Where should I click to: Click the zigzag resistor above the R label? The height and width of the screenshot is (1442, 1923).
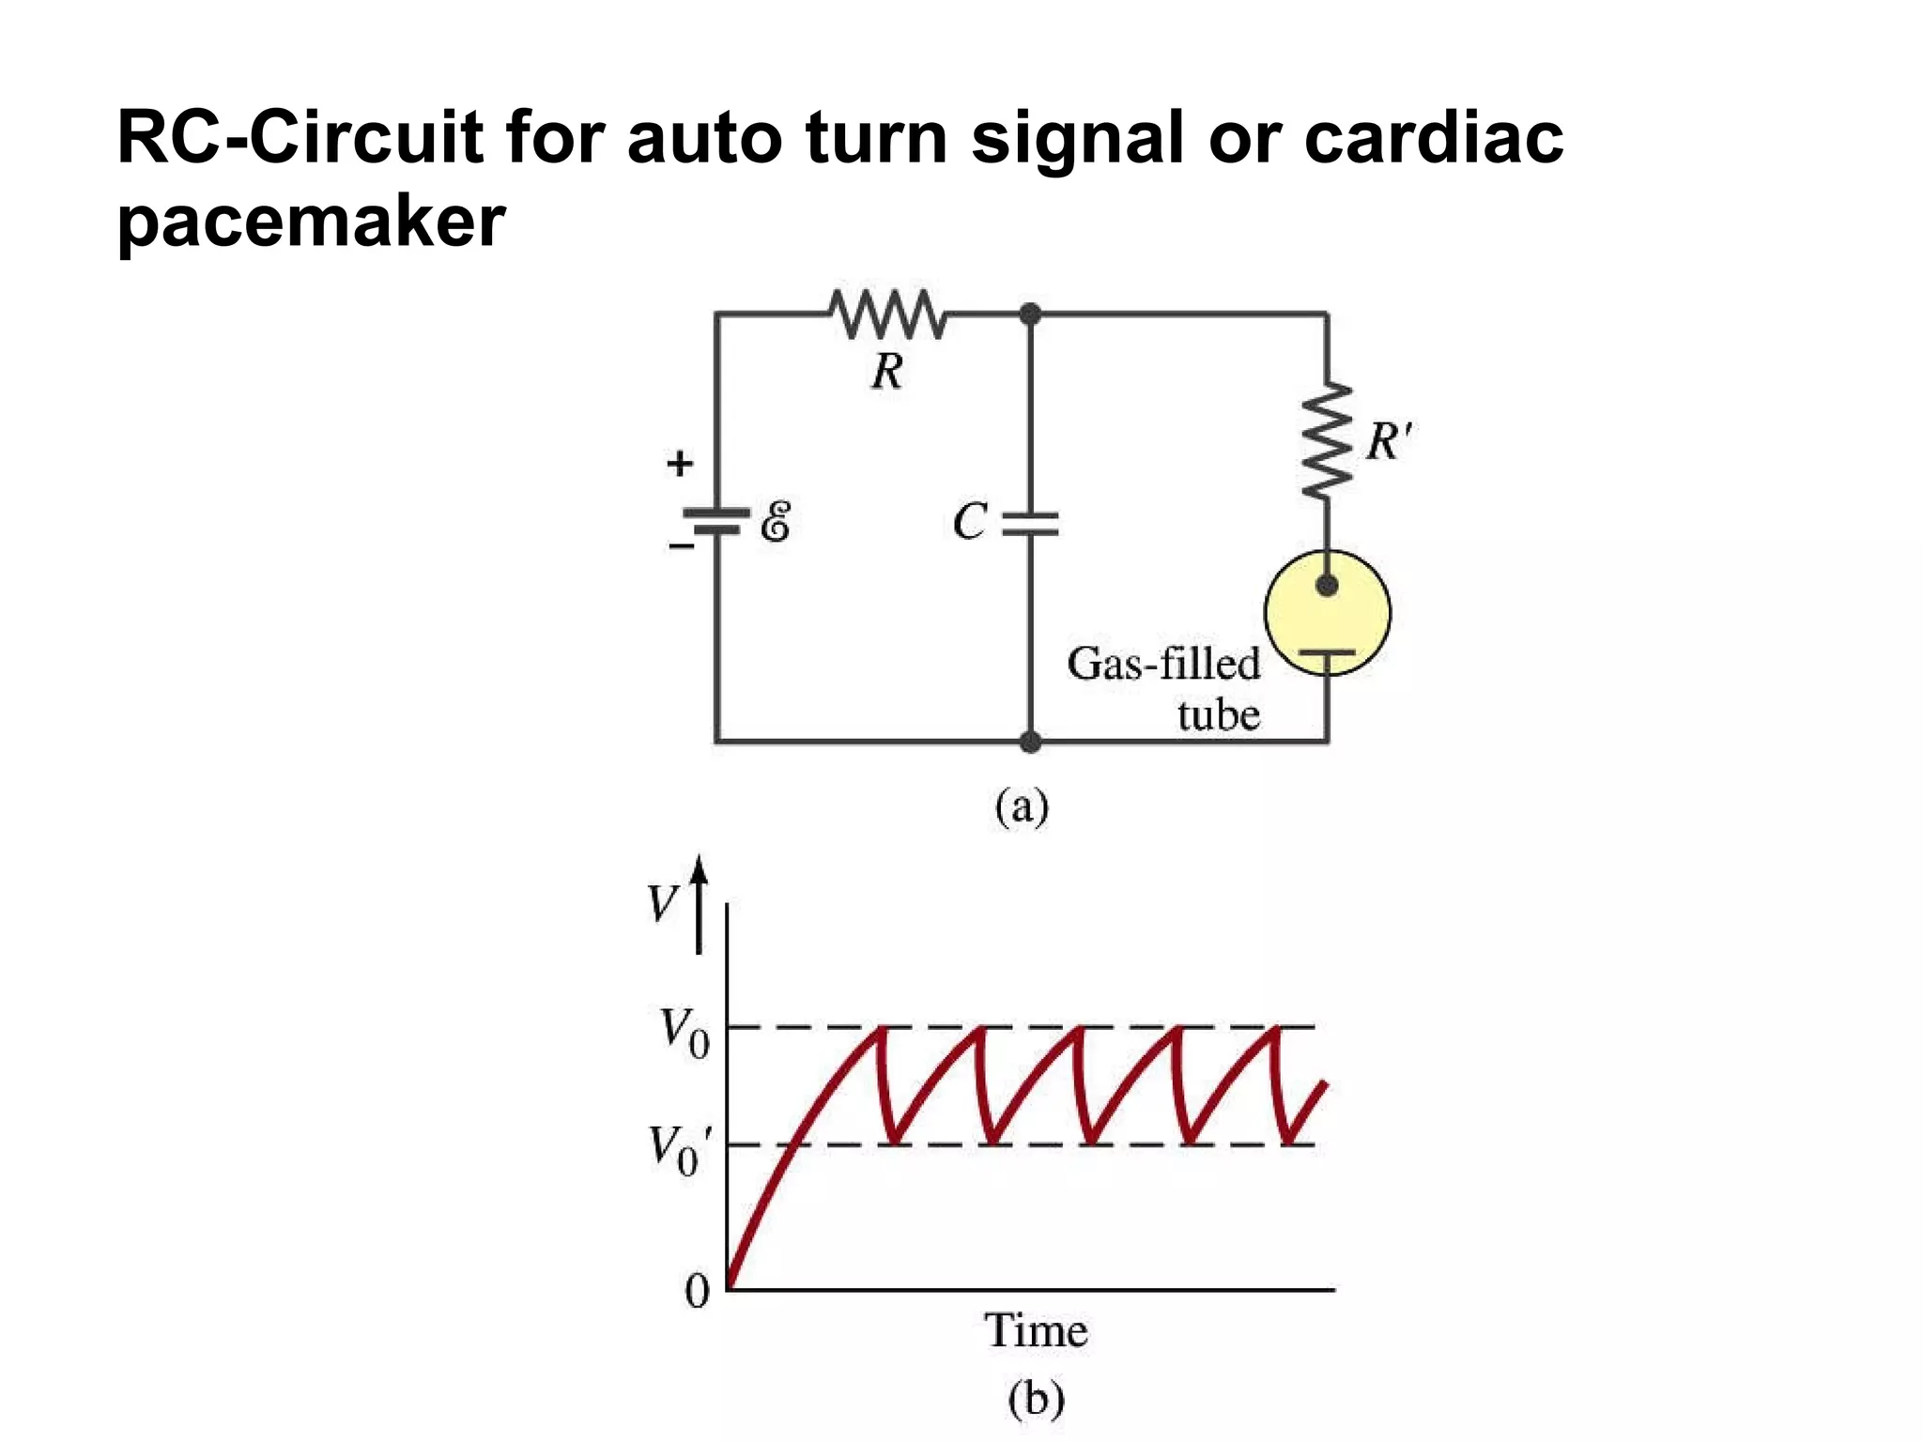(x=888, y=314)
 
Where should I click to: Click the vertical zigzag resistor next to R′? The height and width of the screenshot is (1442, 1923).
(x=1327, y=440)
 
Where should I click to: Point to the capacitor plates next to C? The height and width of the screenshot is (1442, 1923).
(x=1030, y=524)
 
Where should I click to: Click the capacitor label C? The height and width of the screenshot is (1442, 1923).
(x=970, y=522)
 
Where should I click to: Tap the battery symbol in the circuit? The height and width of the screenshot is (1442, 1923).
(x=716, y=522)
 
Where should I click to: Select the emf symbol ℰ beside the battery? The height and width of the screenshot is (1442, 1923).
(x=776, y=522)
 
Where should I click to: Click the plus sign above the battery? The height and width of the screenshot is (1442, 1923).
(x=680, y=463)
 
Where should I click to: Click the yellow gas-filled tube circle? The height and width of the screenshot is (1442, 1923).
(x=1327, y=613)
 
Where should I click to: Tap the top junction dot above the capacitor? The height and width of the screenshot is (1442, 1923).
(x=1030, y=314)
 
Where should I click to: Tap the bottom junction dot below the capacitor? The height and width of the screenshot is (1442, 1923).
(x=1030, y=743)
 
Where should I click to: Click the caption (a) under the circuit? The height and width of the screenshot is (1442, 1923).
(x=1022, y=806)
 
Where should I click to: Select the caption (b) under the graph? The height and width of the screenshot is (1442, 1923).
(x=1036, y=1399)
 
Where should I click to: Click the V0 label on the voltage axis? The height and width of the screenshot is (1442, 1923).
(x=685, y=1033)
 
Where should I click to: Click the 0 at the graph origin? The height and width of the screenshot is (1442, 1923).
(x=697, y=1292)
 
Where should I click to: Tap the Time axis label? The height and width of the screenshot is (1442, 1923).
(x=1036, y=1330)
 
